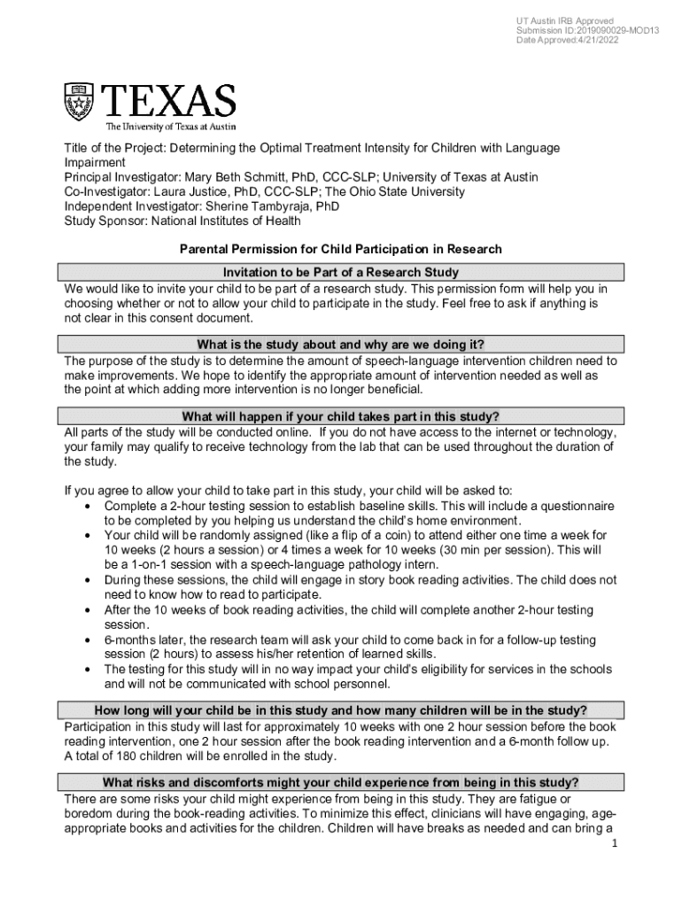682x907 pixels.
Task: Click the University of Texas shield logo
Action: tap(78, 102)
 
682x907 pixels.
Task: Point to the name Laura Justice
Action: tap(198, 191)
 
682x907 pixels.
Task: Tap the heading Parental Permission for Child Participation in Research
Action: tap(341, 249)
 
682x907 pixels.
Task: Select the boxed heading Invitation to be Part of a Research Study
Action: tap(341, 272)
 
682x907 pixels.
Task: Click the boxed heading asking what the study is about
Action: tap(341, 344)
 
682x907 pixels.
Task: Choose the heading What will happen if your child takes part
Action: tap(341, 416)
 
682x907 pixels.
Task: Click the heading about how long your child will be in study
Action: tap(341, 709)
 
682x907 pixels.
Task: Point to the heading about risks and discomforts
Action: tap(341, 782)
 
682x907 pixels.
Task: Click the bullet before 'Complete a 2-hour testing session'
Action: tap(89, 507)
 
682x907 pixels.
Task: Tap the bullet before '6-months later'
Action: tap(89, 640)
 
